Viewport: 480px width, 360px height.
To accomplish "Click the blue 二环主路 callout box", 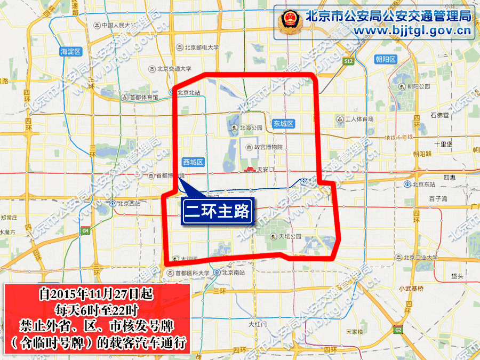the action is point(218,212).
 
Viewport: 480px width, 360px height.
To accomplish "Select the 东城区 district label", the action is point(283,124).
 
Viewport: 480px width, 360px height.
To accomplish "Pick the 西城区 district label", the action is point(193,162).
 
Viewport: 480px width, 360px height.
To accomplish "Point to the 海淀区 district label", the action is point(70,51).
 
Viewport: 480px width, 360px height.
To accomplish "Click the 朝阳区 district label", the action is point(385,59).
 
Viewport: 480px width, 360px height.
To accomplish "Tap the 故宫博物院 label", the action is point(264,147).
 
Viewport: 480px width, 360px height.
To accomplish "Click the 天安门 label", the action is point(260,170).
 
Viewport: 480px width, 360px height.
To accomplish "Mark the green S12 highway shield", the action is point(348,61).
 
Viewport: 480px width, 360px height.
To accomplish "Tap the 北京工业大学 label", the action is point(421,258).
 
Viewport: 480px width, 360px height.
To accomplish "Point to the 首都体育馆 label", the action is point(140,98).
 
